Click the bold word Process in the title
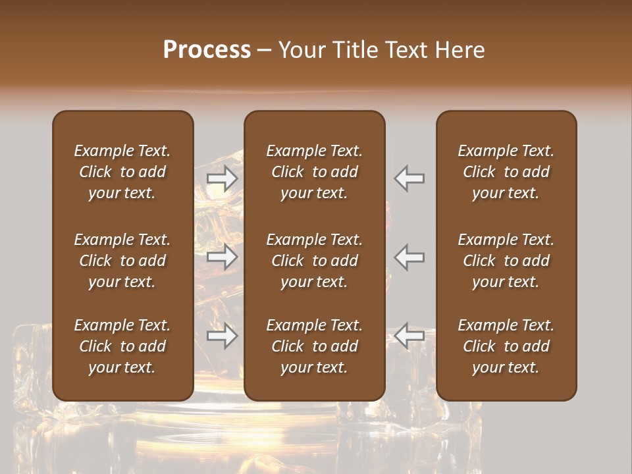click(x=207, y=50)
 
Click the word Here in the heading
click(x=461, y=50)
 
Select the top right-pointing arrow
click(x=223, y=178)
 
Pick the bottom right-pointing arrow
click(x=223, y=336)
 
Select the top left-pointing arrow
click(x=409, y=178)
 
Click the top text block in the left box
click(x=122, y=172)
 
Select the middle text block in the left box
click(x=122, y=261)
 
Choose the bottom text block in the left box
click(x=122, y=346)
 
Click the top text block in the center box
click(x=315, y=172)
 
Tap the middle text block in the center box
click(x=315, y=261)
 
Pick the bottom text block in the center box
click(x=315, y=346)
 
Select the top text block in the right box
click(x=506, y=172)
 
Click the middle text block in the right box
click(x=506, y=261)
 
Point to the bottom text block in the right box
click(x=506, y=346)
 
